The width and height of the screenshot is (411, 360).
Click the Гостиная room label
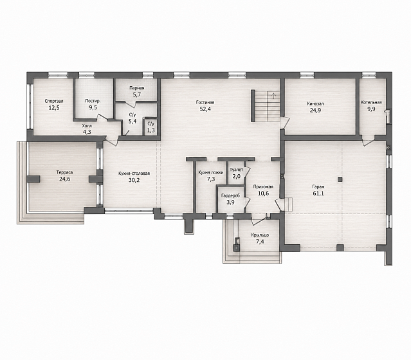point(205,102)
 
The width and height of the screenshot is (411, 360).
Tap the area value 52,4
point(205,109)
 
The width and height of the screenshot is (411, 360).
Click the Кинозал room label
point(316,104)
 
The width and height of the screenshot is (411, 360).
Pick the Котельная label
point(371,102)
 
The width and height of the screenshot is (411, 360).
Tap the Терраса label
point(64,172)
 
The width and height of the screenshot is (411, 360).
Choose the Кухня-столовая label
point(134,174)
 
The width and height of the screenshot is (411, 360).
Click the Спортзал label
point(54,101)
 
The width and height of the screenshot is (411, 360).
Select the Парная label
point(137,88)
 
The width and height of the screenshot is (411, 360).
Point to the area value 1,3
point(151,130)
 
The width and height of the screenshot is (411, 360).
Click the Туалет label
point(237,170)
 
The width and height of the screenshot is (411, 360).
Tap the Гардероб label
point(230,195)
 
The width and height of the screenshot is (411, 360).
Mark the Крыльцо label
point(260,235)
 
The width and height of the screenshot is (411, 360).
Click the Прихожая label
point(263,187)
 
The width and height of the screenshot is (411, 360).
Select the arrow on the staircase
point(273,95)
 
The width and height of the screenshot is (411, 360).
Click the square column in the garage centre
point(340,179)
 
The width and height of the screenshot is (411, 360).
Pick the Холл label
point(87,126)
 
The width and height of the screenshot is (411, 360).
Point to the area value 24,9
point(316,111)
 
